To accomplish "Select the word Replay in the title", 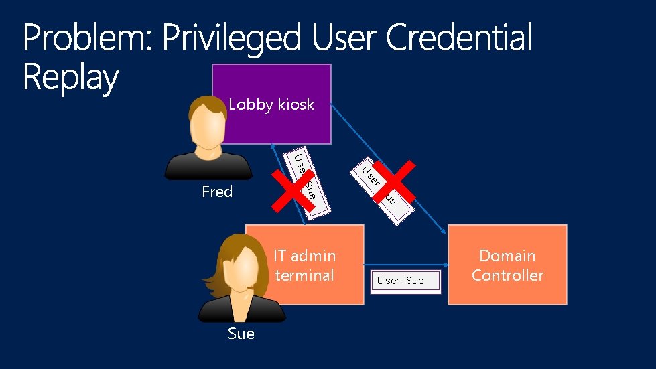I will (x=70, y=78).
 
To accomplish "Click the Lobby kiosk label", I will (x=271, y=104).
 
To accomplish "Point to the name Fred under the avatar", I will (x=217, y=192).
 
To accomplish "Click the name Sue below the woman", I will (x=241, y=334).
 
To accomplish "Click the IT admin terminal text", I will (x=305, y=265).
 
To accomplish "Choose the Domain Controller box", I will (x=507, y=265).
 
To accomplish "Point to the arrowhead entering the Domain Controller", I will (x=444, y=230).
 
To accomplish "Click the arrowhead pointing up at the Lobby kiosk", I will (x=272, y=147).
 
